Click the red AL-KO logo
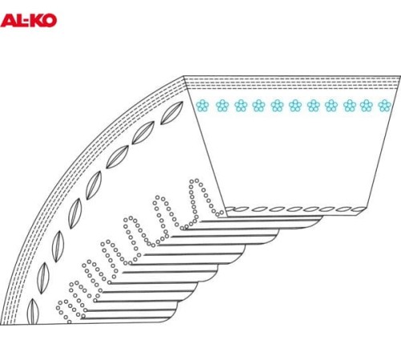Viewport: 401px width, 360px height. coord(29,21)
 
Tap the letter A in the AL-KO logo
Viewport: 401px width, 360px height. coord(8,21)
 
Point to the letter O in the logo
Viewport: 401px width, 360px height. coord(50,21)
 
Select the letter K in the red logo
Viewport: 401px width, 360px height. coord(36,21)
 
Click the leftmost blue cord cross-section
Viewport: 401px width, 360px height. coord(202,106)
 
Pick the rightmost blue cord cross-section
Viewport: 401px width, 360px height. coord(385,106)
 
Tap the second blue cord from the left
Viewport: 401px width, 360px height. coord(222,106)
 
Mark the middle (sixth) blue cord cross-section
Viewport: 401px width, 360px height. coord(295,106)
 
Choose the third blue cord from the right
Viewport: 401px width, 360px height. coord(350,106)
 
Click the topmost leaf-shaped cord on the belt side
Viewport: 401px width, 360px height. coord(172,113)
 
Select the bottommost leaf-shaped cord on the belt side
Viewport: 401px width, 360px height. coord(33,312)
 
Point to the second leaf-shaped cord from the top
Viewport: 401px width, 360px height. coord(144,132)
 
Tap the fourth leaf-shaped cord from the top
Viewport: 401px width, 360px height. coord(94,185)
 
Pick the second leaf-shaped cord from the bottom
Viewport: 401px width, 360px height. coord(43,278)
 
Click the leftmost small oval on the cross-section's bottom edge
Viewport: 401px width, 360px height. coord(229,209)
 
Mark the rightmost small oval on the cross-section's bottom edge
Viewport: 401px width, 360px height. coord(358,209)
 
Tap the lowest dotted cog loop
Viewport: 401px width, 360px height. coord(68,310)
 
